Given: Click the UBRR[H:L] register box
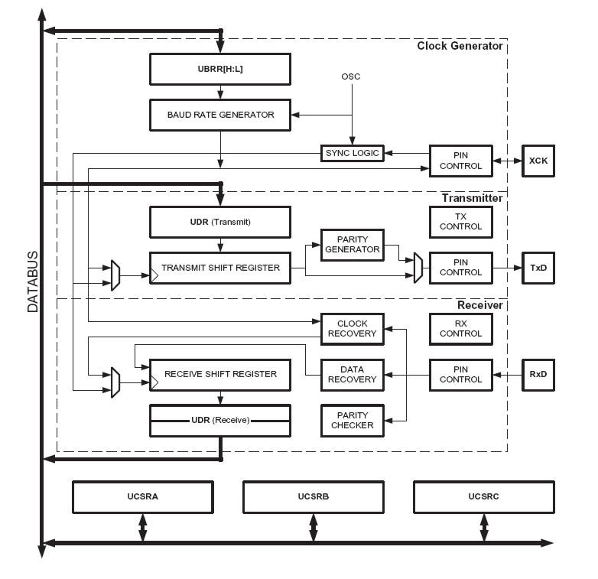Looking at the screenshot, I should pos(220,70).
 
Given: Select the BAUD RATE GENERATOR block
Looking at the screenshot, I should pos(220,115).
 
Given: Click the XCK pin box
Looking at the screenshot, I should pos(538,161).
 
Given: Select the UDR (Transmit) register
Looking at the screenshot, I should pos(220,222).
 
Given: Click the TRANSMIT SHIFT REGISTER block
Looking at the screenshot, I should pos(220,268).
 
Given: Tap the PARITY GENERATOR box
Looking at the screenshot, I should pos(351,244).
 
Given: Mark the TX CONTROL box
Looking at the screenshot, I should pos(461,222).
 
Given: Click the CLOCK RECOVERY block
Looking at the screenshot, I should pos(352,329).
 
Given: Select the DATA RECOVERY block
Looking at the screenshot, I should pos(352,374).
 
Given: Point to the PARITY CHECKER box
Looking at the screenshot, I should pos(352,420).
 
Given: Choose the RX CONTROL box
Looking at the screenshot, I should pos(461,329).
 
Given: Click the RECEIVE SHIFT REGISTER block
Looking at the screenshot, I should pos(220,374).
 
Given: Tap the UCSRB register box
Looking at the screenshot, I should pos(313,497).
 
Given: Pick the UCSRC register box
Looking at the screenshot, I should pos(483,497).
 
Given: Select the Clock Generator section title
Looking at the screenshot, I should pos(460,46).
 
